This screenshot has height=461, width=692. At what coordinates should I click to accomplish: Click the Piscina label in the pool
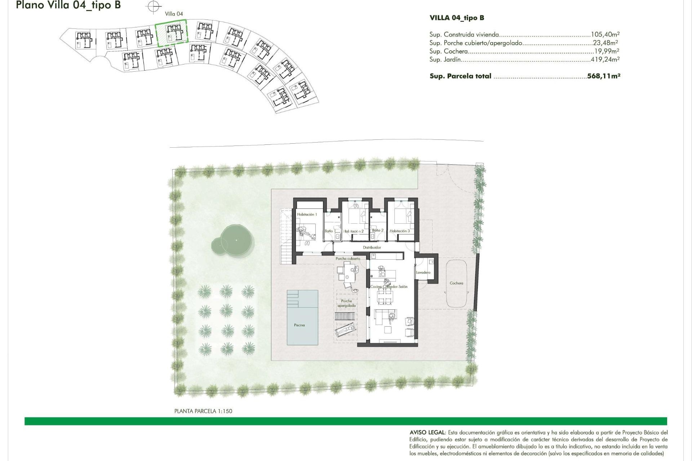299,325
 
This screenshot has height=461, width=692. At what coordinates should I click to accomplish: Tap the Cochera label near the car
456,283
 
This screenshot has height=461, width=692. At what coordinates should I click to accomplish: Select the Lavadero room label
423,273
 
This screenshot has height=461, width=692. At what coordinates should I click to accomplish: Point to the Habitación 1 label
307,215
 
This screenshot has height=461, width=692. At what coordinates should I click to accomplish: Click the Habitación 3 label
399,231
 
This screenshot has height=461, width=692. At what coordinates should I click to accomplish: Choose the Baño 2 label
377,230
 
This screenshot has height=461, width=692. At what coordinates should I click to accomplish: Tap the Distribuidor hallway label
372,248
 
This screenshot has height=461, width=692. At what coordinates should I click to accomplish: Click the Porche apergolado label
346,304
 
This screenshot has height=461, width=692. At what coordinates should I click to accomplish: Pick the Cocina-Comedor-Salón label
389,287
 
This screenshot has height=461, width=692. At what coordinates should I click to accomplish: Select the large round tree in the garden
236,240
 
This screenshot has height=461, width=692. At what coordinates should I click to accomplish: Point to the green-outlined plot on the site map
172,33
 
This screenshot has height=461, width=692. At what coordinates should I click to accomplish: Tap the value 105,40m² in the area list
605,35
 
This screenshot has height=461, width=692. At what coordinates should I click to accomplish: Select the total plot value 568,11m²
603,76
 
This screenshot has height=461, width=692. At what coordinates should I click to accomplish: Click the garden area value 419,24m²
605,59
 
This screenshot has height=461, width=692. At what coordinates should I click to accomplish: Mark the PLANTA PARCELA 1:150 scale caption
203,411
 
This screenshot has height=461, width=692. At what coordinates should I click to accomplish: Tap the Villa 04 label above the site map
174,14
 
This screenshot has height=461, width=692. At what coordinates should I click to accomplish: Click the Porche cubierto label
347,259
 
